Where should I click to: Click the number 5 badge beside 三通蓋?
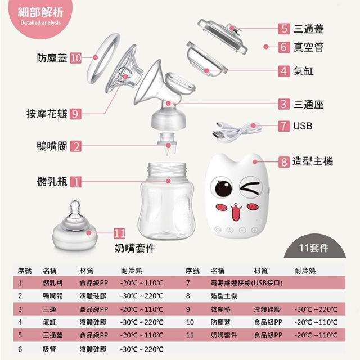[284, 29]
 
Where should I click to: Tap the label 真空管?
[309, 47]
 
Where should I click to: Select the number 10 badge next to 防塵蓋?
[76, 58]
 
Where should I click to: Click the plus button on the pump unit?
[254, 229]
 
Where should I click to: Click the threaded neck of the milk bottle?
[167, 170]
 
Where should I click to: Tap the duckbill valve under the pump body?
[168, 144]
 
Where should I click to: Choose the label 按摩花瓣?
[47, 114]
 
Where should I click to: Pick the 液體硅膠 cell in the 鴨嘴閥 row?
[93, 296]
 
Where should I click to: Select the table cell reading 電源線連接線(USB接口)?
[246, 282]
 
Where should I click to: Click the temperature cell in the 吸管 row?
[142, 349]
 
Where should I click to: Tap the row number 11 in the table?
[190, 335]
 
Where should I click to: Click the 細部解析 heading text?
[40, 12]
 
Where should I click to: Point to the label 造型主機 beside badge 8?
[313, 161]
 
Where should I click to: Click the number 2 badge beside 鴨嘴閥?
[76, 146]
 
